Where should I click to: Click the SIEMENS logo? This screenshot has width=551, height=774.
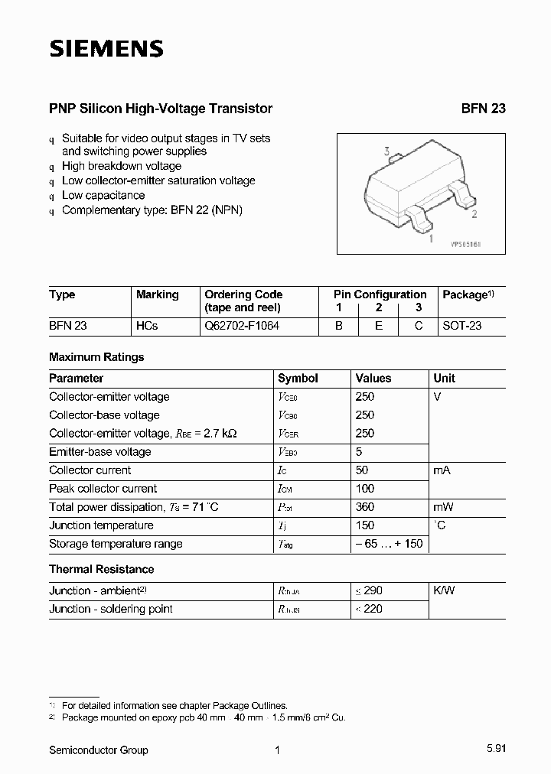coord(106,50)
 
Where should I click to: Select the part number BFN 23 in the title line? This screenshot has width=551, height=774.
coord(483,109)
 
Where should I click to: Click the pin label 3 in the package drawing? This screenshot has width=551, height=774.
coord(387,151)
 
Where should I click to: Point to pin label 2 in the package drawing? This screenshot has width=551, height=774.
coord(474,214)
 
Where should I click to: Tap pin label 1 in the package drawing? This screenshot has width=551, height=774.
coord(432,239)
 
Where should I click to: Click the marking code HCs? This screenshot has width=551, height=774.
coord(147,325)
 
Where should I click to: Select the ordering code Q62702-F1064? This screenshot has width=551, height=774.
coord(242,325)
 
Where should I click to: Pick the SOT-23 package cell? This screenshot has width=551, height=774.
coord(462,325)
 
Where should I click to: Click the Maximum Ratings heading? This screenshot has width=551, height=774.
coord(96,357)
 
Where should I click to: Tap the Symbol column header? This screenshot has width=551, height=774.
coord(298,378)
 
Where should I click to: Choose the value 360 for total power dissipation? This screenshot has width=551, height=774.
coord(365,507)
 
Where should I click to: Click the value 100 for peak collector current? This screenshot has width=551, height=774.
coord(365,489)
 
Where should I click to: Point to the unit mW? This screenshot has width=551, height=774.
coord(444,507)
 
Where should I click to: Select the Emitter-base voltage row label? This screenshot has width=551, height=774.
coord(100,452)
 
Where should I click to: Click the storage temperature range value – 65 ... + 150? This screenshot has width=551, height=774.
coord(389,544)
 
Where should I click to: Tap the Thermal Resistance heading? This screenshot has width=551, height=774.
coord(101,569)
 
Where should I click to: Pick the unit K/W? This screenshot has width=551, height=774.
coord(444,590)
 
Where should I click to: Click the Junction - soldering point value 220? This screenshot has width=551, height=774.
coord(373,609)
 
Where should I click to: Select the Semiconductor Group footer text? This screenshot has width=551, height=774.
coord(99,750)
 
